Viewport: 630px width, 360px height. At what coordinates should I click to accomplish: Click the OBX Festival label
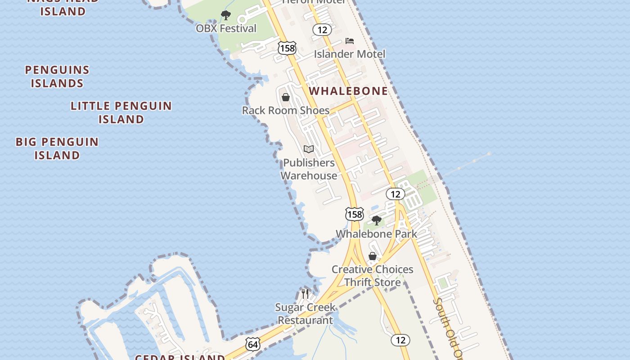[x=226, y=28]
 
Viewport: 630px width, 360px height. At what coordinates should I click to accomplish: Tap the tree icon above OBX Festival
[x=226, y=16]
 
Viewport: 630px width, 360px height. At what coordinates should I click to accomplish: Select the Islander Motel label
[x=350, y=54]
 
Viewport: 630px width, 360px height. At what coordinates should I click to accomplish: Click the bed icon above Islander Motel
[x=350, y=41]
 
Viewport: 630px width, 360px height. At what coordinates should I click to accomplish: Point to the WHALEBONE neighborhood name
[x=348, y=91]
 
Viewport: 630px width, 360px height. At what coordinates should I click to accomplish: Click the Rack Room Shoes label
[x=286, y=110]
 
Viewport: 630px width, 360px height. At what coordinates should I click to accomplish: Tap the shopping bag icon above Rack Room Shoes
[x=286, y=97]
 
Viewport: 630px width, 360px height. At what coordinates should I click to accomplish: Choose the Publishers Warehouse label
[x=309, y=169]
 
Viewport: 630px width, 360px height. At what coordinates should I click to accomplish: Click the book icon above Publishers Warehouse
[x=309, y=149]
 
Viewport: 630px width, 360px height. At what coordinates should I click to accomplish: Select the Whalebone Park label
[x=376, y=234]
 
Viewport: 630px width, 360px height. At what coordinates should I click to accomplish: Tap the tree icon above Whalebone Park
[x=376, y=220]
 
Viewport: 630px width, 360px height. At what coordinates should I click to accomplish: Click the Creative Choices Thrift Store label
[x=372, y=275]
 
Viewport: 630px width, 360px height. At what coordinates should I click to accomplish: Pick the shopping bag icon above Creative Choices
[x=373, y=256]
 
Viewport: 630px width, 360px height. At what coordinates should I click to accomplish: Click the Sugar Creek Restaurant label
[x=305, y=314]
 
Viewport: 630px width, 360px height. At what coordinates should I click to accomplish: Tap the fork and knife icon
[x=305, y=294]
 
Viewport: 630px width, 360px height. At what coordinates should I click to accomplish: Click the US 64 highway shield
[x=253, y=345]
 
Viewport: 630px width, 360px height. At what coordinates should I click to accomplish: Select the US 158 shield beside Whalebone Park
[x=354, y=214]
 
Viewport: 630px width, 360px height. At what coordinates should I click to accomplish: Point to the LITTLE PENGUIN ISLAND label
[x=121, y=112]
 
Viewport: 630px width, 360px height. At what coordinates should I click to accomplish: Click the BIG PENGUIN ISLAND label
[x=57, y=148]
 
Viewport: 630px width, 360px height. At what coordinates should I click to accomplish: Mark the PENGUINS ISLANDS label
[x=57, y=76]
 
